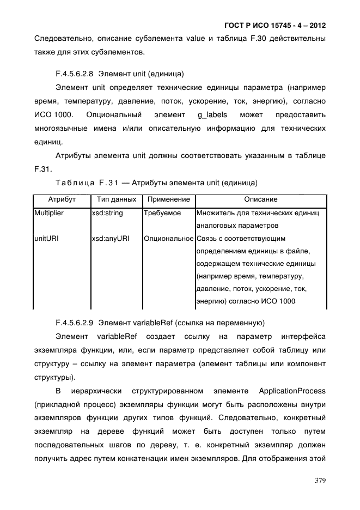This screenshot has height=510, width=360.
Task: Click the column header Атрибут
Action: click(62, 200)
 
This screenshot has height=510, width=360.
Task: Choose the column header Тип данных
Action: click(116, 200)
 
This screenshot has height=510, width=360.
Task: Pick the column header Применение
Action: click(168, 200)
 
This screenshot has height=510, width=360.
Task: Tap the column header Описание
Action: click(260, 200)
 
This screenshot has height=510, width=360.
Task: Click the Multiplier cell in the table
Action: click(50, 213)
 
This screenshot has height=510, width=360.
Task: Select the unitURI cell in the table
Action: click(46, 239)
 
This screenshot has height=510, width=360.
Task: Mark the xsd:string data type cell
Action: click(108, 213)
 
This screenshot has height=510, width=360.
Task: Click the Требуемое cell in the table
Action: click(162, 213)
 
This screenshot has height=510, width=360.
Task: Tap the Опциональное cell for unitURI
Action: click(169, 239)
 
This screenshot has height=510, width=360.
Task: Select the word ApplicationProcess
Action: click(292, 391)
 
